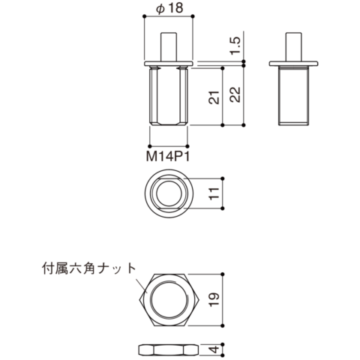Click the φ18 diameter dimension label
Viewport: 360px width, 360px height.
(x=169, y=8)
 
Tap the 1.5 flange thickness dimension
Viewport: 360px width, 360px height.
(x=235, y=45)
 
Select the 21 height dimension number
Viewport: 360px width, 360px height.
(x=214, y=97)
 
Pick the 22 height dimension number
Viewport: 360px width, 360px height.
(x=235, y=94)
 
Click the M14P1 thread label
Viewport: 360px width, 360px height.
(x=168, y=157)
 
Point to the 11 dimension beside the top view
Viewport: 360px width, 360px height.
(x=214, y=193)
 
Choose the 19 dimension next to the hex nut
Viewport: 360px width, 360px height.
(x=214, y=299)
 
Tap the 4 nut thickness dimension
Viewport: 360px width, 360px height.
(x=214, y=349)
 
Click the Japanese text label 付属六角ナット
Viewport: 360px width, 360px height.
(x=88, y=268)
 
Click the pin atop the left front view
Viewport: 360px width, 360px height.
(x=169, y=46)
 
